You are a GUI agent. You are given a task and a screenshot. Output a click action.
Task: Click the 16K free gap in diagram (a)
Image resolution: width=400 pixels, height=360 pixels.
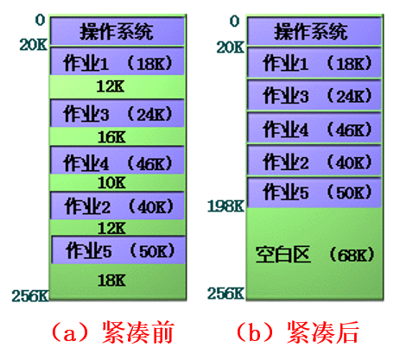(x=117, y=136)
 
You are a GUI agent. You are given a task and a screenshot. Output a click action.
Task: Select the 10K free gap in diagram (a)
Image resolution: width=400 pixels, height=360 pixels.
(x=117, y=183)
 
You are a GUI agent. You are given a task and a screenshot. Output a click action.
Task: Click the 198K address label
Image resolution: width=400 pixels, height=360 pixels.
(x=225, y=206)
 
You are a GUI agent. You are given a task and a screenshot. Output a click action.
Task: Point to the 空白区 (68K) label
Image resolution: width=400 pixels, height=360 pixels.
(x=314, y=255)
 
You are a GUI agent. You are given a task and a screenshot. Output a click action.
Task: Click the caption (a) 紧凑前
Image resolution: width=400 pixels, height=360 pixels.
(x=112, y=332)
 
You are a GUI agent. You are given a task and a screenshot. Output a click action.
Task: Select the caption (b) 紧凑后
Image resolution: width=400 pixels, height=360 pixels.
(x=297, y=332)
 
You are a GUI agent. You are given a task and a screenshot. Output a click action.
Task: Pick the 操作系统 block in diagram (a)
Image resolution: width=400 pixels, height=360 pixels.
(x=117, y=31)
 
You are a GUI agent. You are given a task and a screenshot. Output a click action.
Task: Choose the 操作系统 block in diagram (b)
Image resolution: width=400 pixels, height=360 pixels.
(x=314, y=31)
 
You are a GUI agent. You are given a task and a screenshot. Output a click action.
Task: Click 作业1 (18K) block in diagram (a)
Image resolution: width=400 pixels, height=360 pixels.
(x=117, y=61)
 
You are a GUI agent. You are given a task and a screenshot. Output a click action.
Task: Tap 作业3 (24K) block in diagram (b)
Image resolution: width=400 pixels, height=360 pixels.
(x=314, y=95)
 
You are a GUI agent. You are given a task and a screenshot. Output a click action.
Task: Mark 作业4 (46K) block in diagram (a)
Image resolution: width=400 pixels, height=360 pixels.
(x=117, y=161)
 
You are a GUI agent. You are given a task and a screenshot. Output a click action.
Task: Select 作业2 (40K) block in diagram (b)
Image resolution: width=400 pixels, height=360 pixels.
(x=314, y=161)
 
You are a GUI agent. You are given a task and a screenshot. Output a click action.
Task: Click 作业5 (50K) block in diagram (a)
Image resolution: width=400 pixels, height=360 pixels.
(x=118, y=249)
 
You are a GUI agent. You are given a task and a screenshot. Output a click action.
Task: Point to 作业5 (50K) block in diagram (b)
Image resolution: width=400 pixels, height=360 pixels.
(x=314, y=193)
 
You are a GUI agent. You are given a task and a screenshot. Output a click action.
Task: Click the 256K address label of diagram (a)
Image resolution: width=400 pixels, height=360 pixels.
(x=30, y=295)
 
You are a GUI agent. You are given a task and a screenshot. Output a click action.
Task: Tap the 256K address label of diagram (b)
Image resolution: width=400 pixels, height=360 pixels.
(x=225, y=294)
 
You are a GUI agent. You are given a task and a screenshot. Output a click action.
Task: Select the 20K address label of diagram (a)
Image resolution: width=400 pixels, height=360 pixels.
(x=33, y=45)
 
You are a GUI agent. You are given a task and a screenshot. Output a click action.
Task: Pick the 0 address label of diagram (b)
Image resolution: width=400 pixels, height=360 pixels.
(x=234, y=21)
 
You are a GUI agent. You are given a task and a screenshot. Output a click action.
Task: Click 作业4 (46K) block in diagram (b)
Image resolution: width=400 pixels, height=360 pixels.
(x=314, y=128)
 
